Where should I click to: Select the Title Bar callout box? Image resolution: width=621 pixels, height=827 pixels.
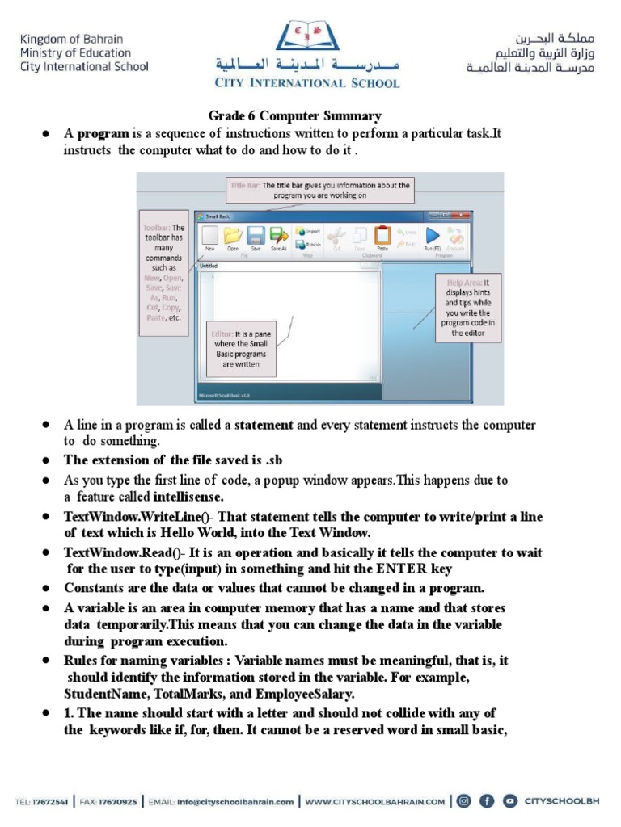320,190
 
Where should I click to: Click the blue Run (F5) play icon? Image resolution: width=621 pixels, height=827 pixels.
433,235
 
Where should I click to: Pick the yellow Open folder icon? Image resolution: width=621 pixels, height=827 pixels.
233,236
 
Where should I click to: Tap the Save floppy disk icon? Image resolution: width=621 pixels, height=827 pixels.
256,236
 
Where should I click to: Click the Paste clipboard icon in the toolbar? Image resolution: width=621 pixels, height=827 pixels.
382,236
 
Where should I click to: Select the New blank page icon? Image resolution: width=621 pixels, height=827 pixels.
209,236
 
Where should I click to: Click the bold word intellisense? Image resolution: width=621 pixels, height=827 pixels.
188,496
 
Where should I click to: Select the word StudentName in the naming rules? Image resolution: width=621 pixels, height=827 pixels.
101,694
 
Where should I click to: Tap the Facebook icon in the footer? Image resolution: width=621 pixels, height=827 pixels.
487,801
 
